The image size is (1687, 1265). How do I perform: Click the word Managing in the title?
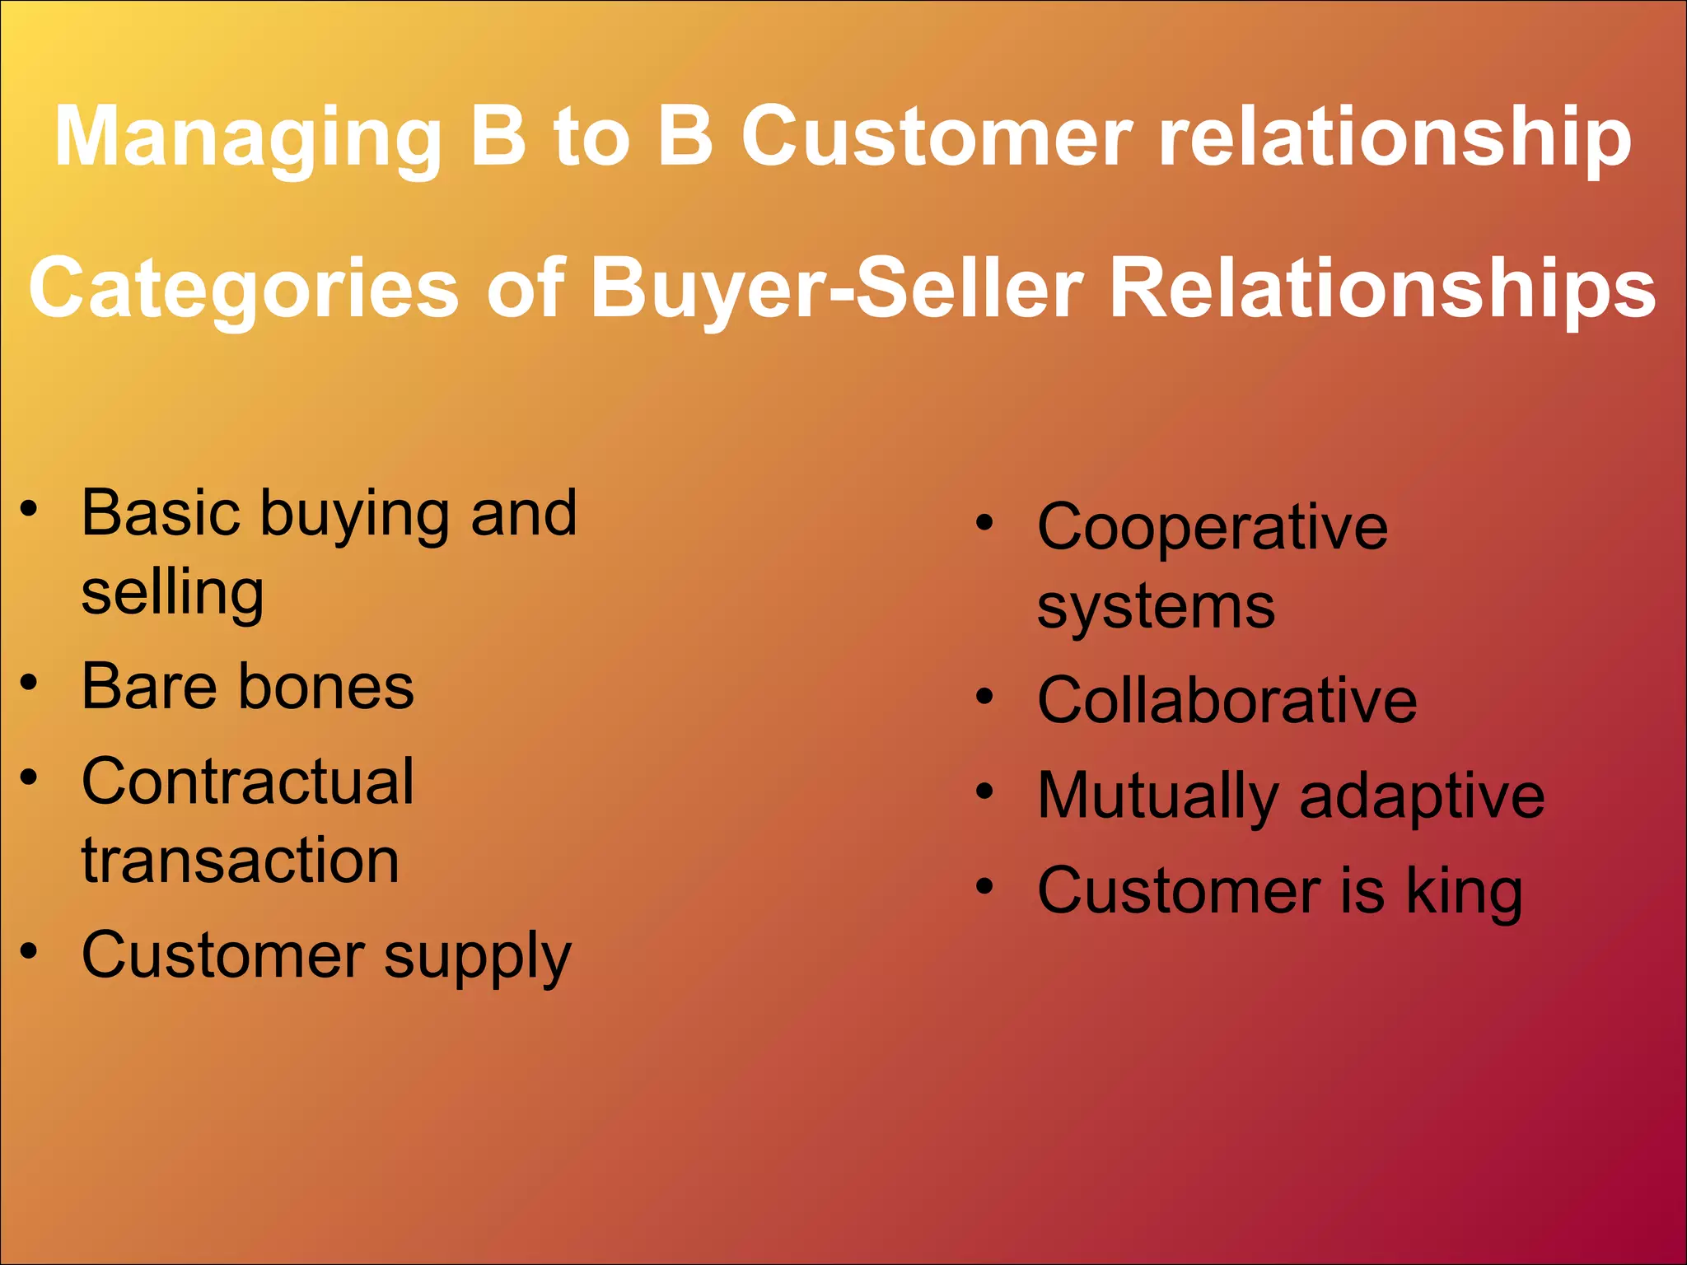coord(247,138)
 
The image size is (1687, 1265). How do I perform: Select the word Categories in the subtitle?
coord(243,288)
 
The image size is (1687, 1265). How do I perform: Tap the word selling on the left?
coord(173,593)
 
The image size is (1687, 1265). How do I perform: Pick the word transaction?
coord(241,861)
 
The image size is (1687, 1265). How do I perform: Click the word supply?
coord(477,957)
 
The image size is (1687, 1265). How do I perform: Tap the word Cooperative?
coord(1212,527)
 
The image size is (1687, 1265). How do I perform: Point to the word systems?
coord(1156,608)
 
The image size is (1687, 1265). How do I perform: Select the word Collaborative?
coord(1227,700)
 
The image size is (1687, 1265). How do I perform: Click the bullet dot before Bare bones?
coord(30,683)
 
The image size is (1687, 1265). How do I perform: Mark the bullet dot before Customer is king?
coord(985,887)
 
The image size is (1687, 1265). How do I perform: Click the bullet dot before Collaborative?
coord(985,697)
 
